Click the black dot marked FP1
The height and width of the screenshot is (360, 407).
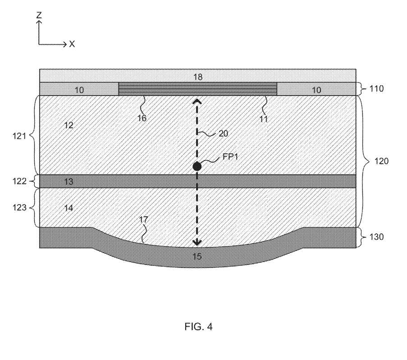click(197, 166)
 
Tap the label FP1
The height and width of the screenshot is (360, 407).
click(230, 156)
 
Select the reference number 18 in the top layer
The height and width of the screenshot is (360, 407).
click(198, 77)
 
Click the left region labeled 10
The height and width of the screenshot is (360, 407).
click(79, 90)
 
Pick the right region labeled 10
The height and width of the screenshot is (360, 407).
click(316, 90)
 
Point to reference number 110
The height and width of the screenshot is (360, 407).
click(376, 89)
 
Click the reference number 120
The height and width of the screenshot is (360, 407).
click(381, 161)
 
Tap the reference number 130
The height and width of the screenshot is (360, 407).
click(376, 237)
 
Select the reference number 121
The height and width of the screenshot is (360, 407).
click(19, 136)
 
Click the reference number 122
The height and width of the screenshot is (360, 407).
click(19, 181)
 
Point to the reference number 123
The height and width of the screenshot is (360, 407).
click(19, 207)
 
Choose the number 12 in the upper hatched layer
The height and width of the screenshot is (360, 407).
click(69, 125)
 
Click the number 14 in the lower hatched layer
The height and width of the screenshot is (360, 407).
click(69, 208)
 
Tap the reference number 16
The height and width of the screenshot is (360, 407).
click(142, 118)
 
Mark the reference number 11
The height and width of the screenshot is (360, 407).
click(264, 119)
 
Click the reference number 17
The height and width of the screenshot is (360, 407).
click(143, 219)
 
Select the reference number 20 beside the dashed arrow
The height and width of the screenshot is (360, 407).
click(223, 133)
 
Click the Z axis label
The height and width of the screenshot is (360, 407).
click(39, 15)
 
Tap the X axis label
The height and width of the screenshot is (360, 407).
click(72, 44)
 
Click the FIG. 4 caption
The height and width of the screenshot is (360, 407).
click(199, 326)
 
